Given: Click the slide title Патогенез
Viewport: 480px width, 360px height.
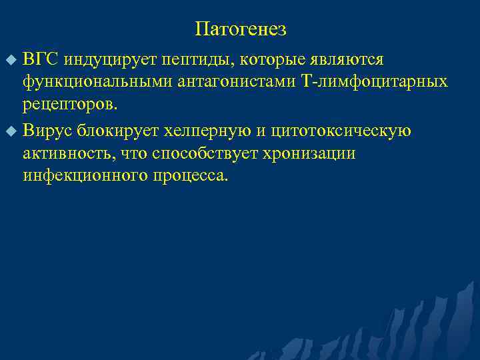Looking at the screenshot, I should pos(241,29).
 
